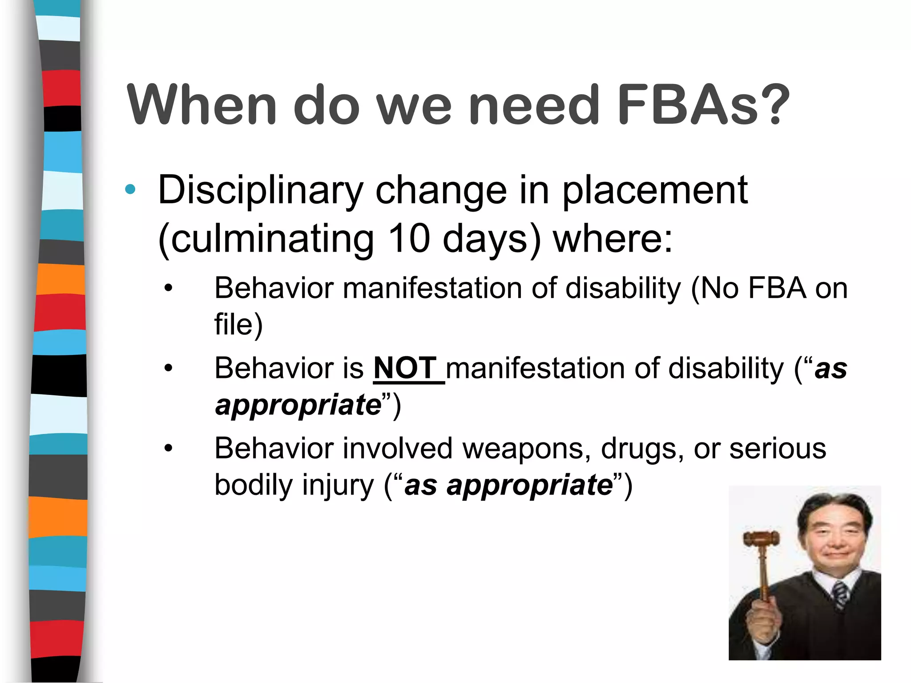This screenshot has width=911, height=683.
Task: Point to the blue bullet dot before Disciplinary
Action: (130, 190)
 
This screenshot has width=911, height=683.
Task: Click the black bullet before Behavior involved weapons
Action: (168, 448)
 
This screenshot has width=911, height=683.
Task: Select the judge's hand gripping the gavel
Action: (762, 620)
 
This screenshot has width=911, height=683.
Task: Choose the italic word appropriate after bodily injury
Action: (530, 485)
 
